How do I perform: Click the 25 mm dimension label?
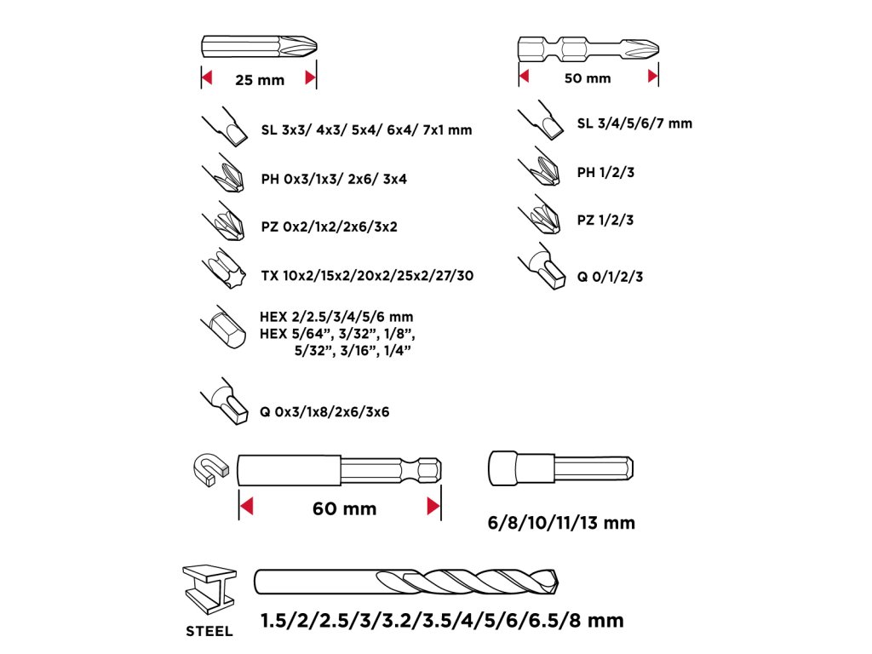click(260, 80)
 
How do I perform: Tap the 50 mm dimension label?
click(588, 78)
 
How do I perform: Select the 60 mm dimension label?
click(344, 509)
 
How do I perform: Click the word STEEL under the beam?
click(209, 632)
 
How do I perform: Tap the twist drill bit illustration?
click(407, 583)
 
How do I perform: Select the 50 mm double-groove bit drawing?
click(588, 48)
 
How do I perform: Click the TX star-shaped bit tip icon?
click(222, 271)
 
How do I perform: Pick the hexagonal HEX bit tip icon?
click(224, 328)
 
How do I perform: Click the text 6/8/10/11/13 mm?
click(562, 522)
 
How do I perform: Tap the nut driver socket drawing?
click(561, 468)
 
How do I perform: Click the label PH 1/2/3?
click(605, 172)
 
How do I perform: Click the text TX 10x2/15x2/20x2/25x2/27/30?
click(367, 276)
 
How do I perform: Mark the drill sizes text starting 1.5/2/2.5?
click(442, 620)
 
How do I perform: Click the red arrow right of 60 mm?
click(432, 508)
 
